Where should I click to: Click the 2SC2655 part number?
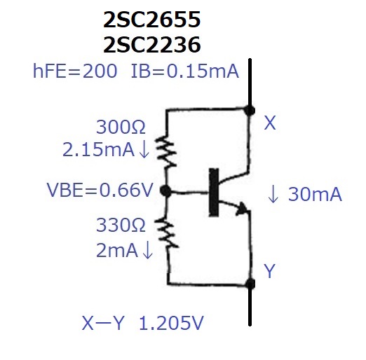[x=152, y=20]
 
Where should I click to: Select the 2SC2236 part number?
[x=152, y=45]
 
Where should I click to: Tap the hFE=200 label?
[x=75, y=71]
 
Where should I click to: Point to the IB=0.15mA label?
[x=185, y=71]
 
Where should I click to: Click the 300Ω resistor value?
[x=121, y=127]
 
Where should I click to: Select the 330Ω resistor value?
[x=121, y=225]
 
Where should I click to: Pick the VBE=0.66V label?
[x=100, y=190]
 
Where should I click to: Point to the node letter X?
[x=270, y=123]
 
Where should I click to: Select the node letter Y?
[x=269, y=271]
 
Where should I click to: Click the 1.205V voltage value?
[x=171, y=323]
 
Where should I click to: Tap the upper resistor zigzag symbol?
[x=166, y=152]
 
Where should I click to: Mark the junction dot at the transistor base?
[x=166, y=191]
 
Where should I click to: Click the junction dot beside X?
[x=250, y=110]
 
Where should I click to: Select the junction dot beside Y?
[x=250, y=284]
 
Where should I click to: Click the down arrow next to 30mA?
[x=273, y=193]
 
